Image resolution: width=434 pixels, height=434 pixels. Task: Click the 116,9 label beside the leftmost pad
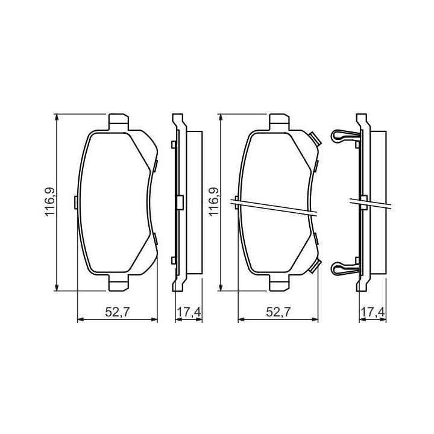[x=50, y=202]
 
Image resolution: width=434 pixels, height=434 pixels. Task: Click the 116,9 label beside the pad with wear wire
[x=213, y=202]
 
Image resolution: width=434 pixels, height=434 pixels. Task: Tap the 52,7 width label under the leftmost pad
[x=118, y=312]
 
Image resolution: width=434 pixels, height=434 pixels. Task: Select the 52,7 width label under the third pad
[x=278, y=312]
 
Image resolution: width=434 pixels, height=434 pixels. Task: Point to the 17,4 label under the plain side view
[x=189, y=312]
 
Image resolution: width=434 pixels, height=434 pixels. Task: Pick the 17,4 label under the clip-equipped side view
[x=373, y=312]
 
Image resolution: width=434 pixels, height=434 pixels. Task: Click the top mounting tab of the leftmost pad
[x=119, y=122]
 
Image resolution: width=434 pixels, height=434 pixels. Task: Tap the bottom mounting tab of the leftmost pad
[x=119, y=283]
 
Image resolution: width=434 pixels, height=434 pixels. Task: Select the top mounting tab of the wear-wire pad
[x=279, y=122]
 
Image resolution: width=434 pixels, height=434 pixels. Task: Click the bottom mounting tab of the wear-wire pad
[x=279, y=283]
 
